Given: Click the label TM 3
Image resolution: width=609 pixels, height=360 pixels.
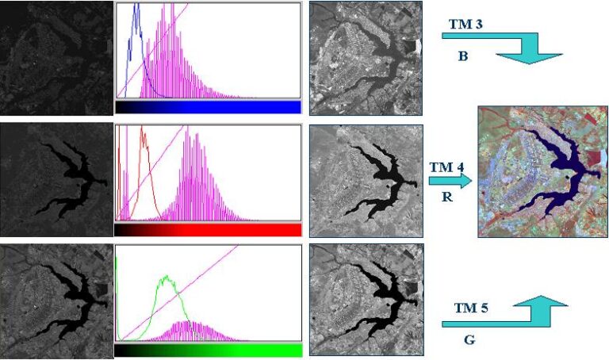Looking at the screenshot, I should [466, 25].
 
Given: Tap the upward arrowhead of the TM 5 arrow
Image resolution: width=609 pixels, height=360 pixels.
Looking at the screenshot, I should [542, 301].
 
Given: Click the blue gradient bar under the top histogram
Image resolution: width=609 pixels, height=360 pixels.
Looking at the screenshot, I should [208, 107].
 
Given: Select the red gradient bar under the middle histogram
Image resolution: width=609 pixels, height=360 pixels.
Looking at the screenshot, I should [208, 230].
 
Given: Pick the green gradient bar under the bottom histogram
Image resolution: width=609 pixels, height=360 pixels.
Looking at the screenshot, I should [208, 350].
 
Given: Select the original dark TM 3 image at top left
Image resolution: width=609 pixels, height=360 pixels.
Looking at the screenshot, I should [56, 58].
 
